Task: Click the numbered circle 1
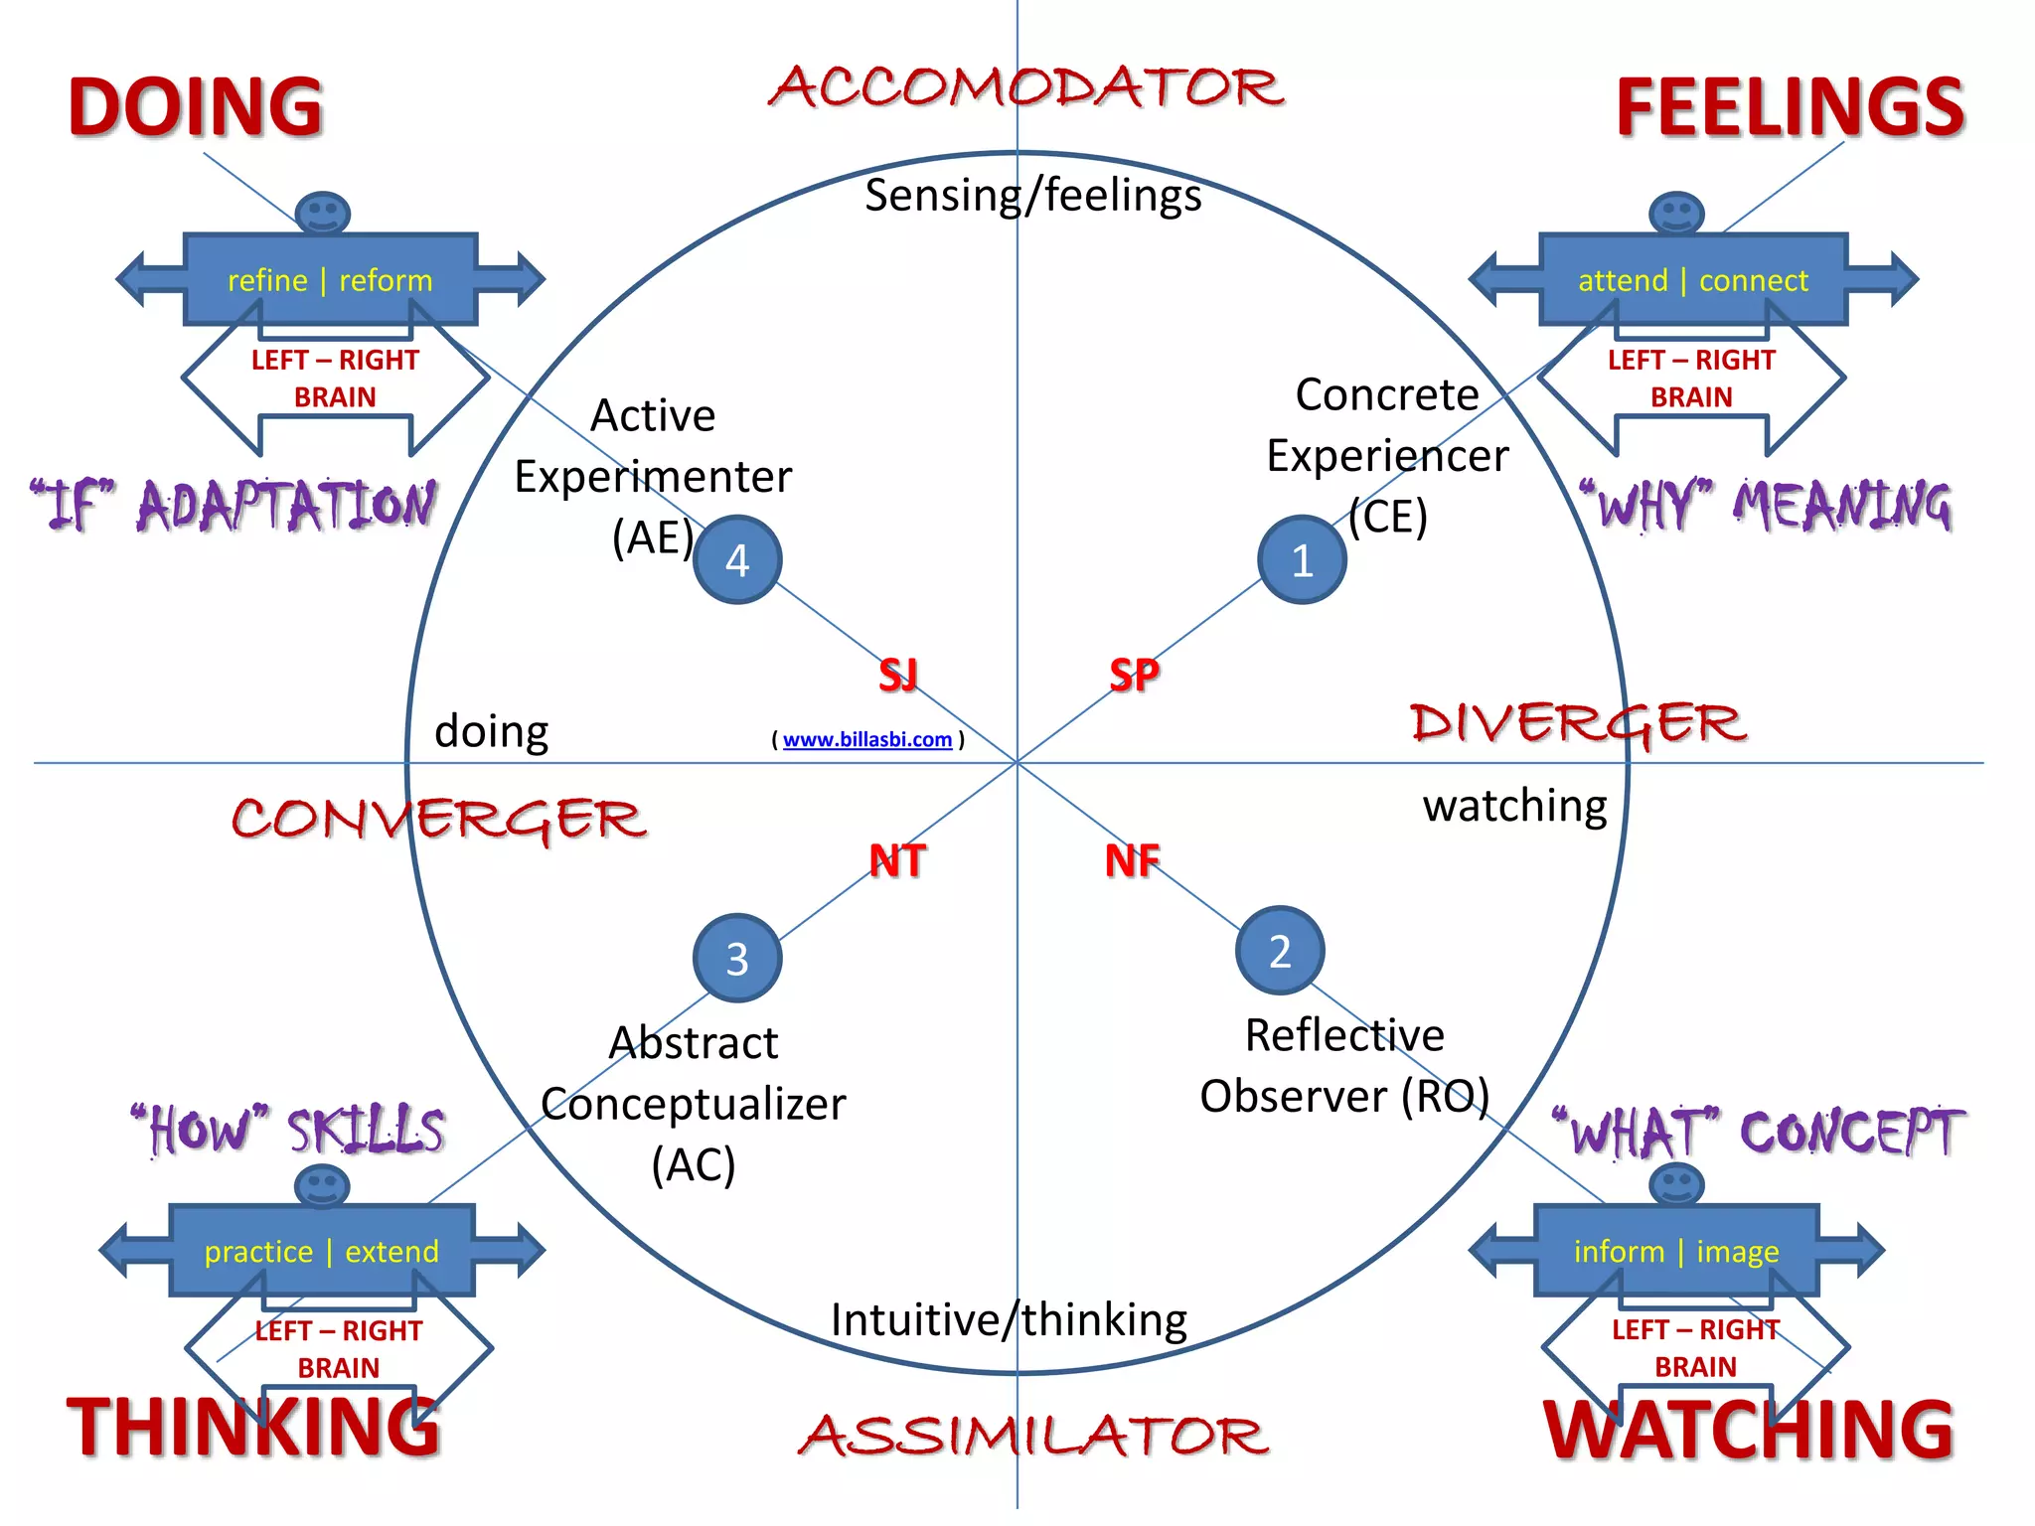tap(1302, 559)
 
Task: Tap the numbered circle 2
tap(1280, 951)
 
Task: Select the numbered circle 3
tap(737, 958)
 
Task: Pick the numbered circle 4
tap(737, 559)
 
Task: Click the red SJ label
tap(898, 676)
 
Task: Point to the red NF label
tap(1132, 860)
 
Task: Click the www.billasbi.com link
tap(866, 739)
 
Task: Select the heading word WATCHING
tap(1749, 1431)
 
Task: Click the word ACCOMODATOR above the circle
tap(1027, 87)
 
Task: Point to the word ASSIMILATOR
tap(1033, 1437)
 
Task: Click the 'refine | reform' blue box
tap(330, 280)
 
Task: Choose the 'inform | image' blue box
tap(1676, 1251)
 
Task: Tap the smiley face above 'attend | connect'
tap(1676, 213)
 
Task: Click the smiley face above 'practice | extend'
tap(322, 1185)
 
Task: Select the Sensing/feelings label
tap(1033, 195)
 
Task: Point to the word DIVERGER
tap(1579, 722)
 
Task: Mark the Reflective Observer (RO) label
tap(1344, 1066)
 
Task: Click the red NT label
tap(897, 860)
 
